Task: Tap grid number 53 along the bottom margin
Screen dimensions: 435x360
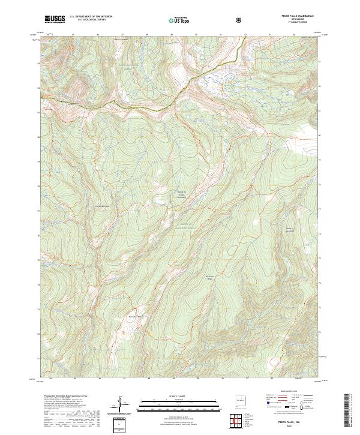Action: [x=272, y=379]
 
